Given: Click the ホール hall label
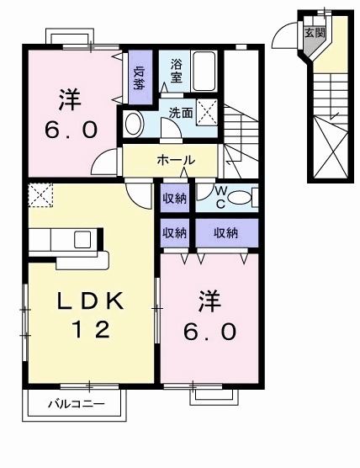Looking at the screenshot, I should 175,160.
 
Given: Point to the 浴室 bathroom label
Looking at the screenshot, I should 177,71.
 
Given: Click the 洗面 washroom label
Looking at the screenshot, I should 180,110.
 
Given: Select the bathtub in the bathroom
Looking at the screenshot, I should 206,72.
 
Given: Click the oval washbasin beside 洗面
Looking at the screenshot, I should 134,125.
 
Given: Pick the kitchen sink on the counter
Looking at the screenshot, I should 83,239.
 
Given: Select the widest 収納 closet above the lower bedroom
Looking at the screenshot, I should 225,232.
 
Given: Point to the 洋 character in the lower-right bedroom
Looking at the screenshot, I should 210,299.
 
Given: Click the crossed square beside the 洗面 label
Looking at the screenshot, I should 208,110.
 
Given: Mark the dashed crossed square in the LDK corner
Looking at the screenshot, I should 40,196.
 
